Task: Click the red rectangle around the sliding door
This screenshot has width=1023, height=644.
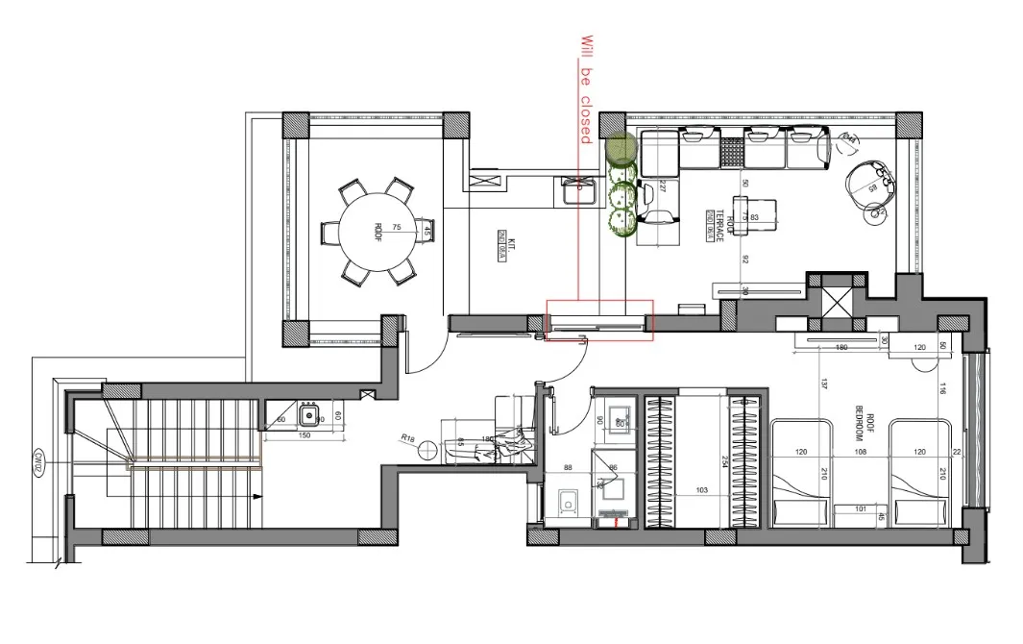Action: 599,320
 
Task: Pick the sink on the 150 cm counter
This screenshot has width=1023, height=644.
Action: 309,416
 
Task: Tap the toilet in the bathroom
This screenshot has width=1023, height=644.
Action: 568,503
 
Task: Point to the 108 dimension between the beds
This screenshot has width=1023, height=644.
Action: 862,452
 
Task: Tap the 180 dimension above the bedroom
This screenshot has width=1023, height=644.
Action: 841,348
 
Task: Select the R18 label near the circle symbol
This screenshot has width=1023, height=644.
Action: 407,438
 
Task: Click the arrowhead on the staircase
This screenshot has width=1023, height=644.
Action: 258,496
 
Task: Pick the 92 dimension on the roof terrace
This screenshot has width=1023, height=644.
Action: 744,258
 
